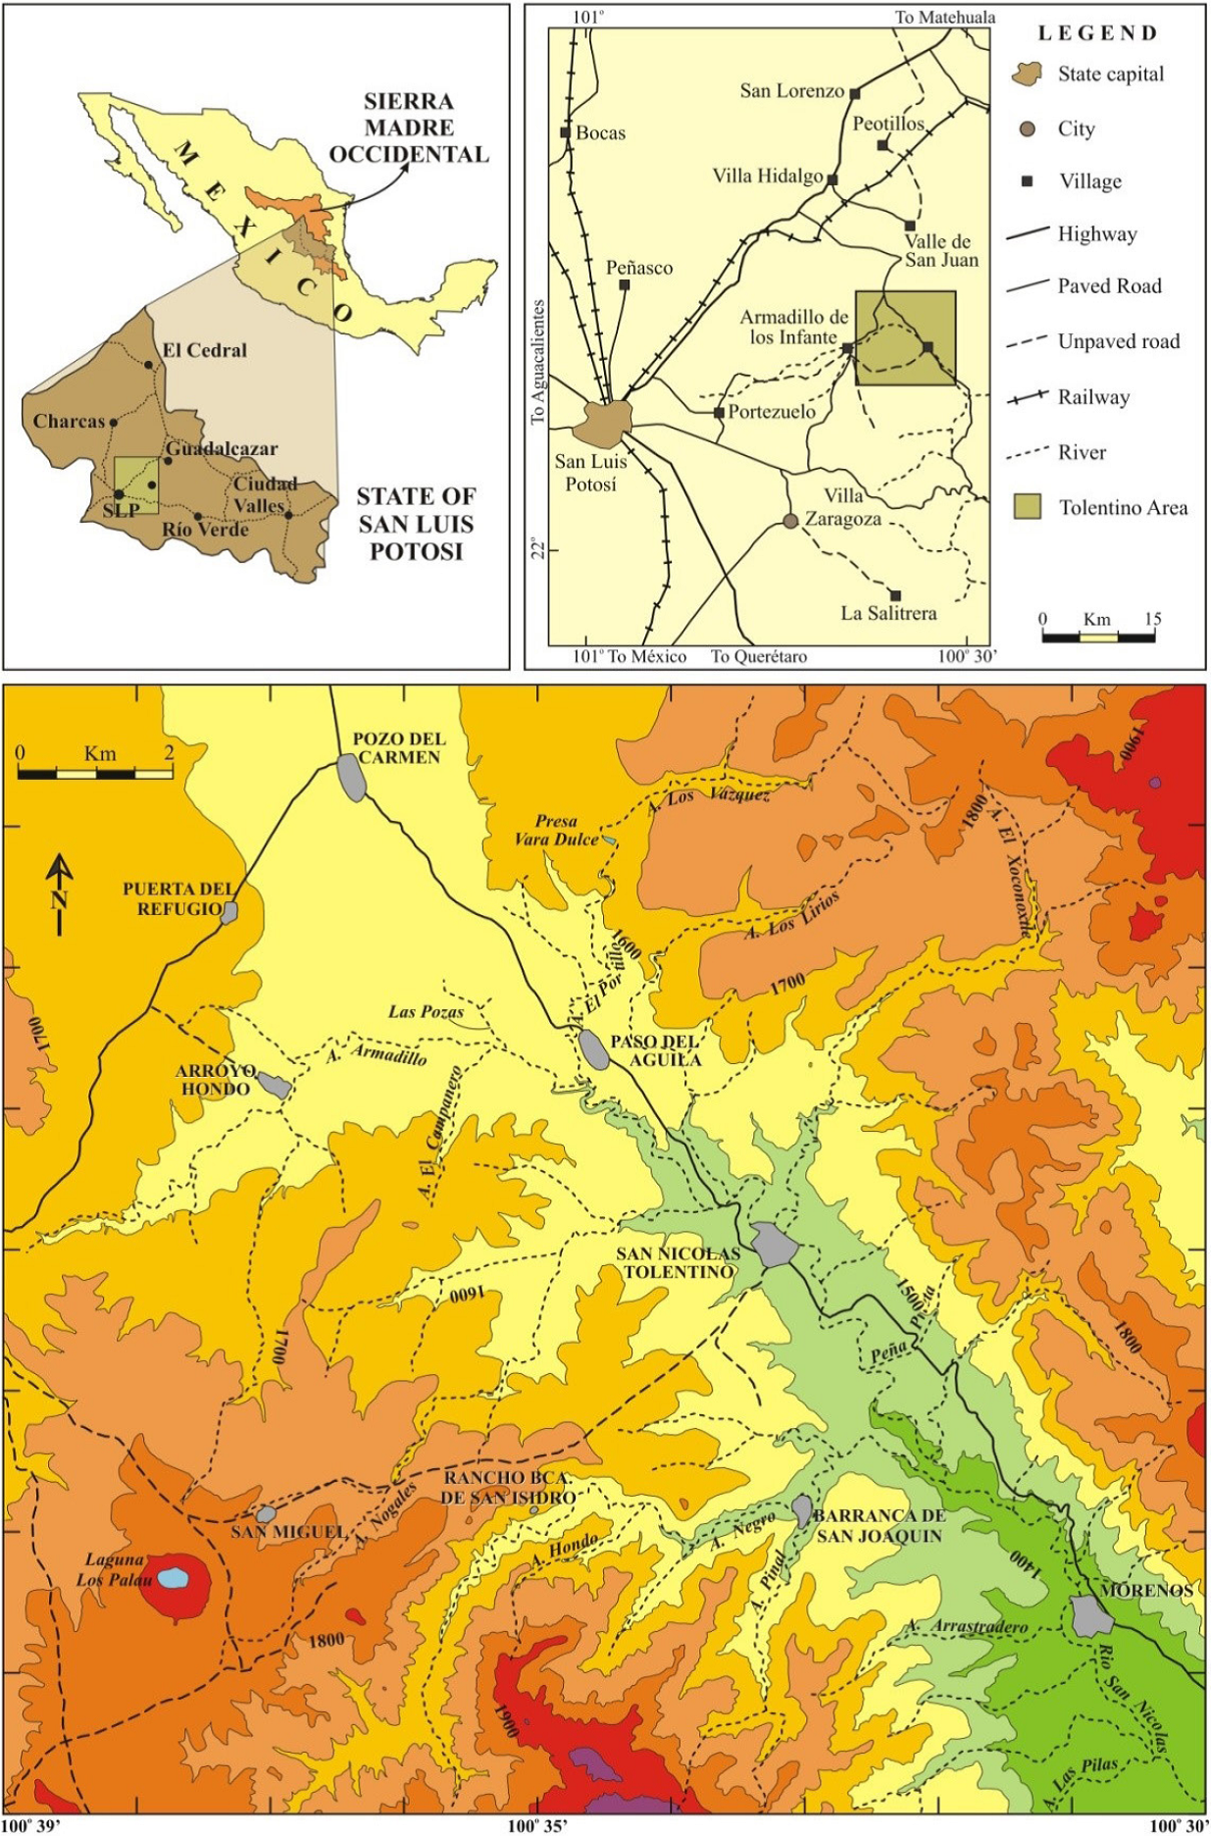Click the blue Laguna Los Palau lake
(x=174, y=1578)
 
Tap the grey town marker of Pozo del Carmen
(x=351, y=778)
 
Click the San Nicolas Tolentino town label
(x=678, y=1262)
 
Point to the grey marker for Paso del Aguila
(x=593, y=1049)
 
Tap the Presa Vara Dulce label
(x=556, y=830)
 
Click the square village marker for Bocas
(x=566, y=132)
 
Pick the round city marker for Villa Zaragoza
(x=790, y=521)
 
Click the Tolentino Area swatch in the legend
(x=1027, y=507)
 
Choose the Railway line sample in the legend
(x=1028, y=397)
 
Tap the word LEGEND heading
(x=1097, y=33)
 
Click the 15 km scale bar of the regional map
(x=1098, y=637)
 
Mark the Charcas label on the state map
(x=69, y=422)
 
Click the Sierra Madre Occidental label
(x=408, y=127)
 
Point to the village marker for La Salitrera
(x=895, y=595)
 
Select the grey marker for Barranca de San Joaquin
(x=802, y=1509)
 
